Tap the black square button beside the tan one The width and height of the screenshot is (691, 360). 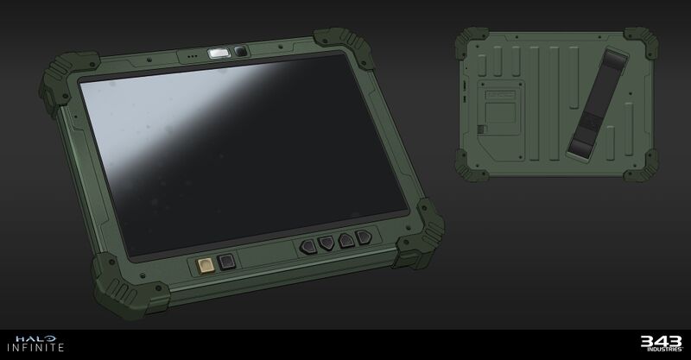(227, 262)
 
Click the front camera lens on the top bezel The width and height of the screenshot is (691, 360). (240, 54)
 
